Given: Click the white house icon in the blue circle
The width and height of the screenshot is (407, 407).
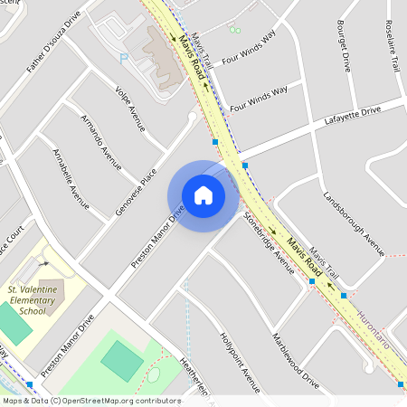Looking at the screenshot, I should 203,194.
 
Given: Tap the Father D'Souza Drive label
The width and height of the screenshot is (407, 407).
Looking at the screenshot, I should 53,43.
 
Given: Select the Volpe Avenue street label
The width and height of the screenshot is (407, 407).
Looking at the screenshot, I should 130,109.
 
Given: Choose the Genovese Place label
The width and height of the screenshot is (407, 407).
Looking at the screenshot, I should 137,191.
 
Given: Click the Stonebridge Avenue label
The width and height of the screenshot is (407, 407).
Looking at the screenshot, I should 269,242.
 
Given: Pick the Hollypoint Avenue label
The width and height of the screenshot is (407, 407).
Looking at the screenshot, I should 240,362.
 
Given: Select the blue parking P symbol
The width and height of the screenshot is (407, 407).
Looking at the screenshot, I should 124,58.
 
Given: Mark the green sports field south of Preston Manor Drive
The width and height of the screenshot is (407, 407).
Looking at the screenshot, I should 121,359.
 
